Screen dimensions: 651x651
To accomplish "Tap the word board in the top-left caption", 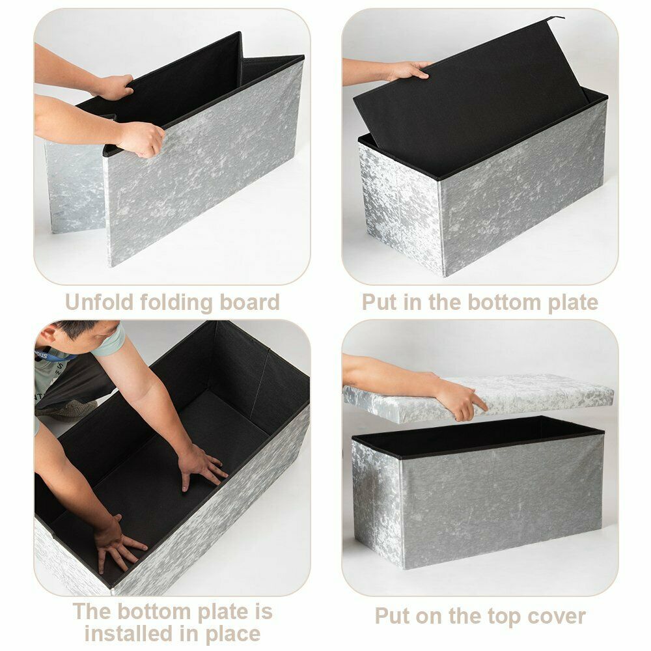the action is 250,302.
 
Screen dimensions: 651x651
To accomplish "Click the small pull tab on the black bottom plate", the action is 555,18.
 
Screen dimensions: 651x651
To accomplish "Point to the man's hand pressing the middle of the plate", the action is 202,467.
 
